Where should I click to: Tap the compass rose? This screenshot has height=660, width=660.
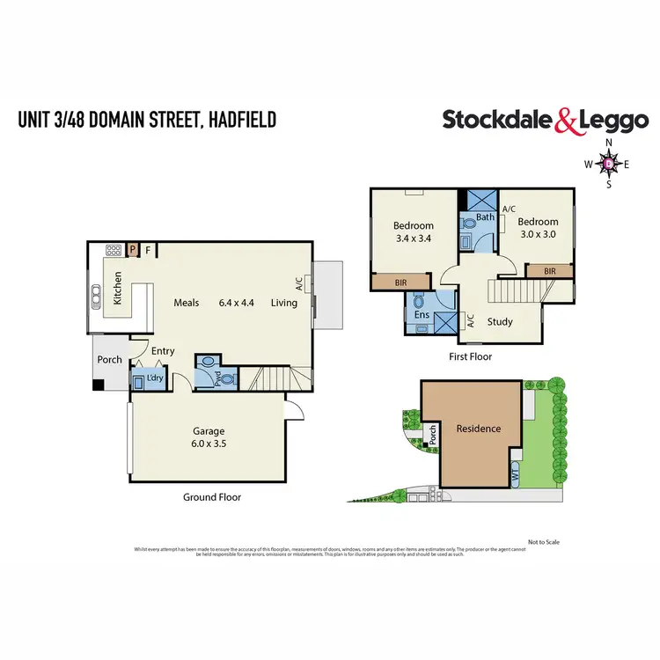[x=608, y=163]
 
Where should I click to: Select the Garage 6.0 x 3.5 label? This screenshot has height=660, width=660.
[x=209, y=437]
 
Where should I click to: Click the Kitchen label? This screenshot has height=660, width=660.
[x=118, y=288]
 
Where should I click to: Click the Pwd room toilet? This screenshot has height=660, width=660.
[x=228, y=380]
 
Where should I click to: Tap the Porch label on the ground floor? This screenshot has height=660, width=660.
[x=109, y=359]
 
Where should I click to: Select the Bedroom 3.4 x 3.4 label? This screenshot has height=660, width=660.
[x=413, y=232]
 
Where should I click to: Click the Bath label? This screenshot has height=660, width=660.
[x=485, y=216]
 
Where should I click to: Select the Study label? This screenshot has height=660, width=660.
[x=499, y=321]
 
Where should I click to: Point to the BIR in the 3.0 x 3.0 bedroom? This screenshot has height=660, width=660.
[x=551, y=272]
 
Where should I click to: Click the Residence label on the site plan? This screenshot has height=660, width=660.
[x=478, y=429]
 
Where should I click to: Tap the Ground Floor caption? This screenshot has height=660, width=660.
[x=212, y=497]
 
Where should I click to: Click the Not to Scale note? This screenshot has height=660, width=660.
[x=543, y=542]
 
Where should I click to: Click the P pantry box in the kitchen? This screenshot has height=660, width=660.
[x=133, y=249]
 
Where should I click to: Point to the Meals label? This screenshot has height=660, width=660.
[x=187, y=303]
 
